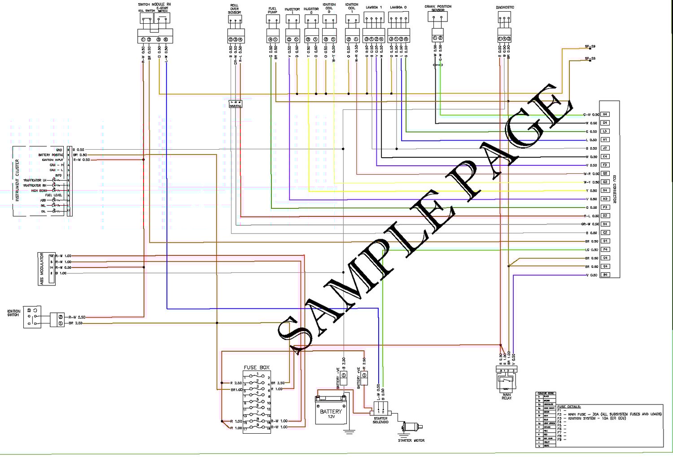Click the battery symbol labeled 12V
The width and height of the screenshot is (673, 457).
[x=331, y=410]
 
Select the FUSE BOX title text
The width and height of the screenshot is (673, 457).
[x=257, y=367]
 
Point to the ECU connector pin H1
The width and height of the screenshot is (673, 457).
[x=605, y=140]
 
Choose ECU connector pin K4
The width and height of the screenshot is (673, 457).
[x=605, y=157]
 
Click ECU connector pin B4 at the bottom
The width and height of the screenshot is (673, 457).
[x=605, y=275]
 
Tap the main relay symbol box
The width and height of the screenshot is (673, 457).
[x=507, y=382]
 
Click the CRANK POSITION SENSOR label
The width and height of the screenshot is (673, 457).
[x=438, y=8]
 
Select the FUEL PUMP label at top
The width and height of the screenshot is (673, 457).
[x=272, y=10]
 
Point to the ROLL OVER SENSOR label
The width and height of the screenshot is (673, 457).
[x=234, y=9]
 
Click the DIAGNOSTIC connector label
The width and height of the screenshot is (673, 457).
[x=505, y=8]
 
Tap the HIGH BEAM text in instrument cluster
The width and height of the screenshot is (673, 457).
[x=39, y=191]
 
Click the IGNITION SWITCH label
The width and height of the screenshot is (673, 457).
[x=13, y=313]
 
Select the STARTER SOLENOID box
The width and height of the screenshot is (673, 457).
[x=381, y=408]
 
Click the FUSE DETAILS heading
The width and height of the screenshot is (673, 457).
[x=569, y=407]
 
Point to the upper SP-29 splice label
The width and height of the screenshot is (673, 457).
[x=590, y=46]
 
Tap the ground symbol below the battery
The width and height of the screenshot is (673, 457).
[x=349, y=432]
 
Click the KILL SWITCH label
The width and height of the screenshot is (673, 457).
[x=146, y=11]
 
